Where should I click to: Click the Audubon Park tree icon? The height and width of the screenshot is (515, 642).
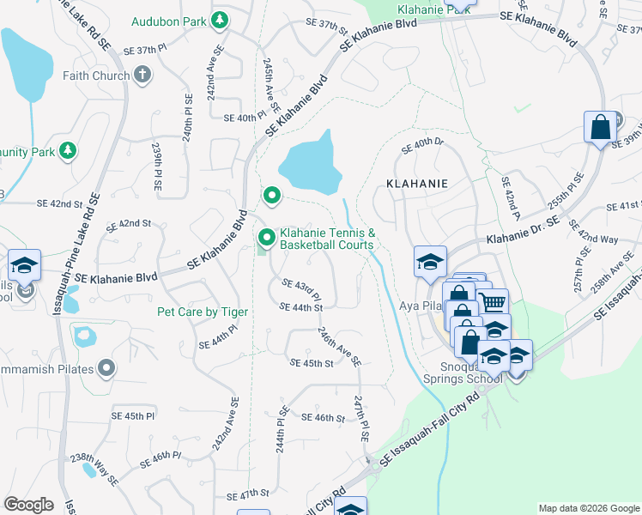click(x=220, y=19)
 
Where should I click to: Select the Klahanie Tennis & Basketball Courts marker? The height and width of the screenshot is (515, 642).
click(x=267, y=235)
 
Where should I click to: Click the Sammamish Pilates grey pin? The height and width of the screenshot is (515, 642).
click(x=106, y=368)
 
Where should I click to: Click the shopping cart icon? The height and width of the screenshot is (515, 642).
click(x=492, y=302)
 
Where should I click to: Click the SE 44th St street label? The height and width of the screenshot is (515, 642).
click(x=300, y=306)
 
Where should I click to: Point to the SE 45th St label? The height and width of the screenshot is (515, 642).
click(x=311, y=363)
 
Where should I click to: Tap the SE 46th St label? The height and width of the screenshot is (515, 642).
click(x=323, y=417)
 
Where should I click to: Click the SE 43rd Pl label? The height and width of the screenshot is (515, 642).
click(x=302, y=284)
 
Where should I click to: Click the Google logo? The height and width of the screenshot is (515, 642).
click(x=28, y=504)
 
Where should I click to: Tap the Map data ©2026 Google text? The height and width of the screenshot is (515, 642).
click(x=588, y=508)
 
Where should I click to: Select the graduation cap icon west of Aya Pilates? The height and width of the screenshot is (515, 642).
click(x=430, y=260)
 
